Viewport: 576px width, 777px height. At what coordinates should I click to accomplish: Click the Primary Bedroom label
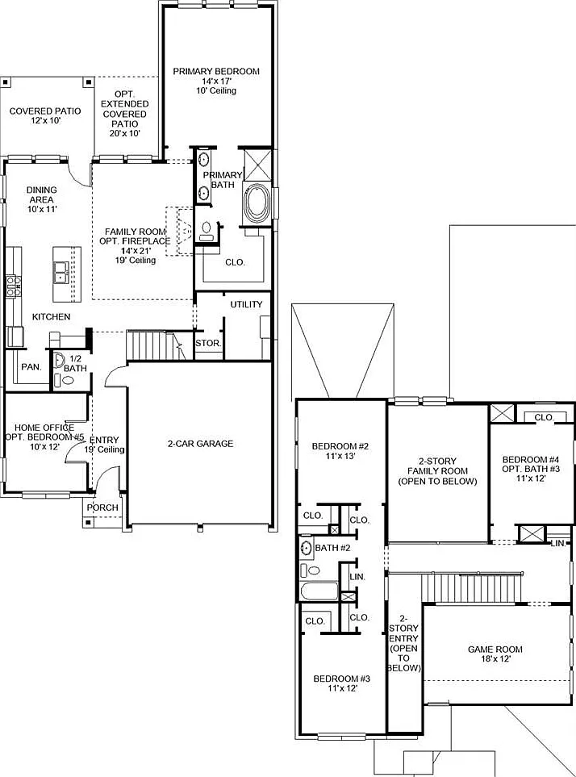pos(216,71)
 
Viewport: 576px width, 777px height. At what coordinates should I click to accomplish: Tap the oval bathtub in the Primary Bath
pos(257,203)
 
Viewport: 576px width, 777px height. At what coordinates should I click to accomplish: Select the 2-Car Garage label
pos(200,444)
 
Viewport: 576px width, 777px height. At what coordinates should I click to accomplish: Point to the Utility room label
pos(246,304)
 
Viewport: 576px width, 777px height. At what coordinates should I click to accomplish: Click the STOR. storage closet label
pos(208,343)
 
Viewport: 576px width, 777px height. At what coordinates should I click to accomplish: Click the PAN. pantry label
pos(31,367)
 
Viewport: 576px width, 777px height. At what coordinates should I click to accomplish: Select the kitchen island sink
pos(61,272)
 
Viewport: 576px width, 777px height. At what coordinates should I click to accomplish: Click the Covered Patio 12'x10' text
pos(45,115)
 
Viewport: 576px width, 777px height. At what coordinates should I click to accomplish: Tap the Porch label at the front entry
pos(102,508)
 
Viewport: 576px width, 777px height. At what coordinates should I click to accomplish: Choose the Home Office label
pos(44,427)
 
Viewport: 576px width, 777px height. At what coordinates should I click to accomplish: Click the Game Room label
pos(495,650)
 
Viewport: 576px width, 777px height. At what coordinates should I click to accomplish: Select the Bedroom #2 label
pos(340,446)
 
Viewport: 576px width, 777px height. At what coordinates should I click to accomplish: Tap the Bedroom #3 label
pos(342,679)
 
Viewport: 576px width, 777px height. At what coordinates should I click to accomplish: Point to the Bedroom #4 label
pos(531,459)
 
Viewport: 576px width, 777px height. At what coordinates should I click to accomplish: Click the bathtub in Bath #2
pos(319,591)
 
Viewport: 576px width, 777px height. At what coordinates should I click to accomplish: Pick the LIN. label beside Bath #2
pos(357,577)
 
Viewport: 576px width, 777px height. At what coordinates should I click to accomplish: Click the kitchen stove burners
pos(14,287)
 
